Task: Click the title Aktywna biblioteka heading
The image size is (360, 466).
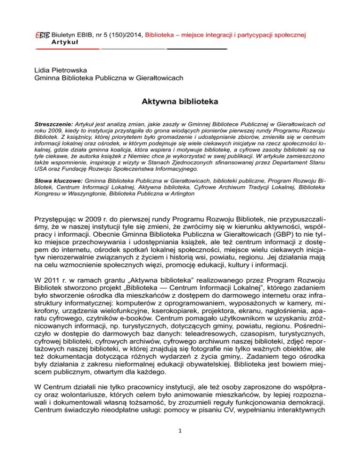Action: (180, 101)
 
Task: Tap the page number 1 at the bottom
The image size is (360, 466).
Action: (180, 442)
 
